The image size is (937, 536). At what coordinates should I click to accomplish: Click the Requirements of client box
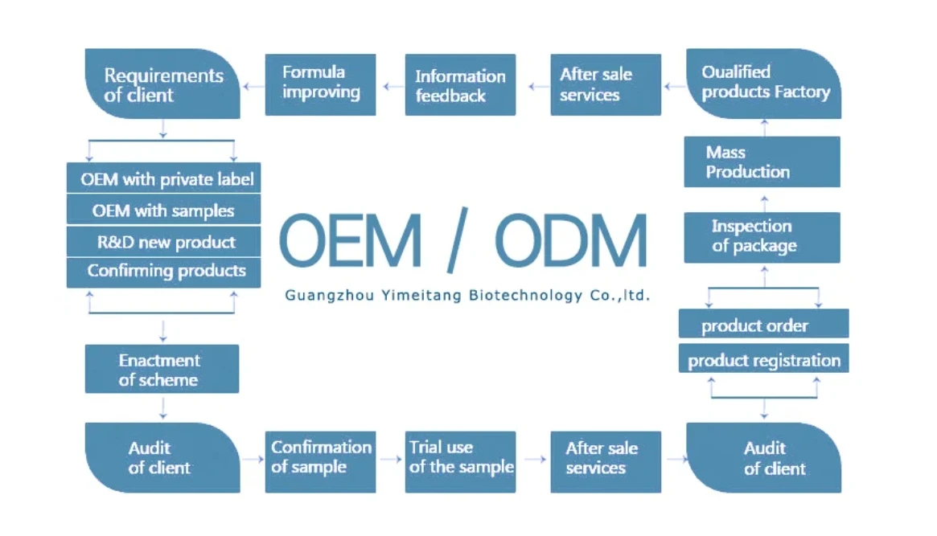[x=162, y=84]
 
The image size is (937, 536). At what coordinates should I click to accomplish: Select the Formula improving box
[x=320, y=84]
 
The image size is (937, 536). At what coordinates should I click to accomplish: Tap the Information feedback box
[x=460, y=84]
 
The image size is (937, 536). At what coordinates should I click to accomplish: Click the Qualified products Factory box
[x=764, y=84]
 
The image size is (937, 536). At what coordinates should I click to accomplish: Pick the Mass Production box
[x=762, y=162]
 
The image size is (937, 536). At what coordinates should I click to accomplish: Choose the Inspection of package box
[x=762, y=238]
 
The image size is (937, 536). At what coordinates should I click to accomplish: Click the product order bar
[x=764, y=324]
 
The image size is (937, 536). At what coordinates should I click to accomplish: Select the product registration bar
[x=764, y=358]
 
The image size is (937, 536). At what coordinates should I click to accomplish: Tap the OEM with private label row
[x=164, y=178]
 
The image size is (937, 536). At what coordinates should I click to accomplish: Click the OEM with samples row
[x=164, y=210]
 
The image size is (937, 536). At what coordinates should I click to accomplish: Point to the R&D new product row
[x=164, y=241]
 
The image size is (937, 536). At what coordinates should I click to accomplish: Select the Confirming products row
[x=164, y=272]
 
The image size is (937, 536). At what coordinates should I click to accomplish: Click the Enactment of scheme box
[x=162, y=369]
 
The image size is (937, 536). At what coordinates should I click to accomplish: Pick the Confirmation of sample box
[x=320, y=462]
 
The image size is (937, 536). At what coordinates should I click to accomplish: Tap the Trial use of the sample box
[x=460, y=462]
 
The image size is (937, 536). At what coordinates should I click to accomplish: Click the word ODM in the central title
[x=571, y=241]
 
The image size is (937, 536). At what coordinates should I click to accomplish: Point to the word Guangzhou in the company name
[x=329, y=296]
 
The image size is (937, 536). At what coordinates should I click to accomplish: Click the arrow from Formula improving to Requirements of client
[x=253, y=87]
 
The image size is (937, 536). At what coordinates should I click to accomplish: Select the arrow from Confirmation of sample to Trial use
[x=391, y=460]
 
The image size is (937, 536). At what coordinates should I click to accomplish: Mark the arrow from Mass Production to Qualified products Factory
[x=764, y=128]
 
